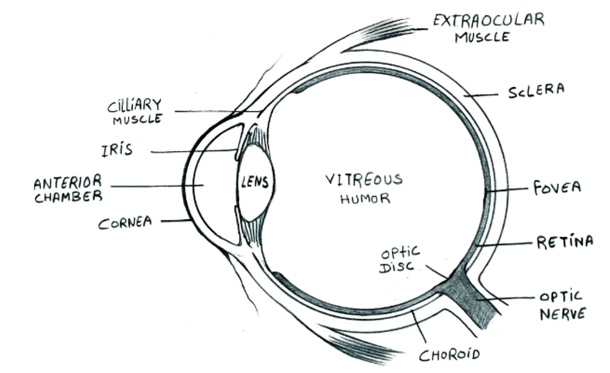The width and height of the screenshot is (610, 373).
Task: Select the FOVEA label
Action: [556, 187]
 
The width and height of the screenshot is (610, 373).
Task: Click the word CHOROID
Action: [448, 355]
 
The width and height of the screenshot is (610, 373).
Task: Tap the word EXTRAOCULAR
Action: [488, 20]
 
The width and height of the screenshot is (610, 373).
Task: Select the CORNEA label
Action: [125, 222]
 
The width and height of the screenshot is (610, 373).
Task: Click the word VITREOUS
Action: [364, 180]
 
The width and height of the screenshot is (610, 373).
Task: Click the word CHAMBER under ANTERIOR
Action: [67, 197]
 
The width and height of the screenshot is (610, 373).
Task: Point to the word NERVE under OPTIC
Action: [562, 313]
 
